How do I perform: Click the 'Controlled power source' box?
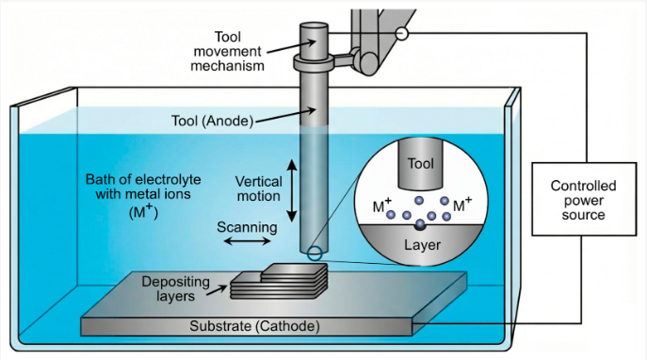577,200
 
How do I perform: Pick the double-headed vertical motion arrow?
292,188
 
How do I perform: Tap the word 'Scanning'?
247,226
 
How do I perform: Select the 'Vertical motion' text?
258,188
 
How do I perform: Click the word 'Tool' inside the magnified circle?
420,163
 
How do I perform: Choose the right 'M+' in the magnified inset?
461,205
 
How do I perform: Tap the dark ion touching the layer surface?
420,224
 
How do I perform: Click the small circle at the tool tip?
313,252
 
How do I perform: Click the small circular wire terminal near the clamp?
402,33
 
